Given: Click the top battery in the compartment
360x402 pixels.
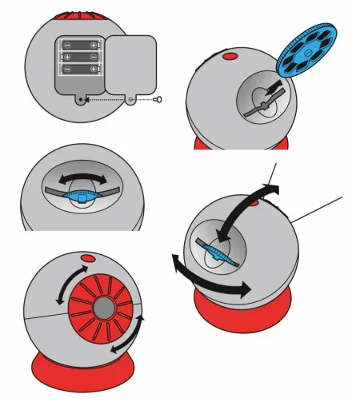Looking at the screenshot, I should pos(81,46).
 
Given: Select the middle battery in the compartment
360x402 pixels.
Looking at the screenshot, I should pos(81,57).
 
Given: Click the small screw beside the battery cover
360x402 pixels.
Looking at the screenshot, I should pos(161,100).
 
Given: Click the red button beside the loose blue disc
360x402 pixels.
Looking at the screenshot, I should pos(230,57).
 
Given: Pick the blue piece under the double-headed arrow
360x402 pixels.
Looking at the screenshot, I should pos(79,196).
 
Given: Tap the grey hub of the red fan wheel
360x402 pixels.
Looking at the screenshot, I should pos(103,307).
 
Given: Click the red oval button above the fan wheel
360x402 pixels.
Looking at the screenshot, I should pos(87,259).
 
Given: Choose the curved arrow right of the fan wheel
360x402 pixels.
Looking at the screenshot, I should pos(133,336).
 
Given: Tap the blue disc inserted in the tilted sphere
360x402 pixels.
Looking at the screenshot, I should pos(218,253).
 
